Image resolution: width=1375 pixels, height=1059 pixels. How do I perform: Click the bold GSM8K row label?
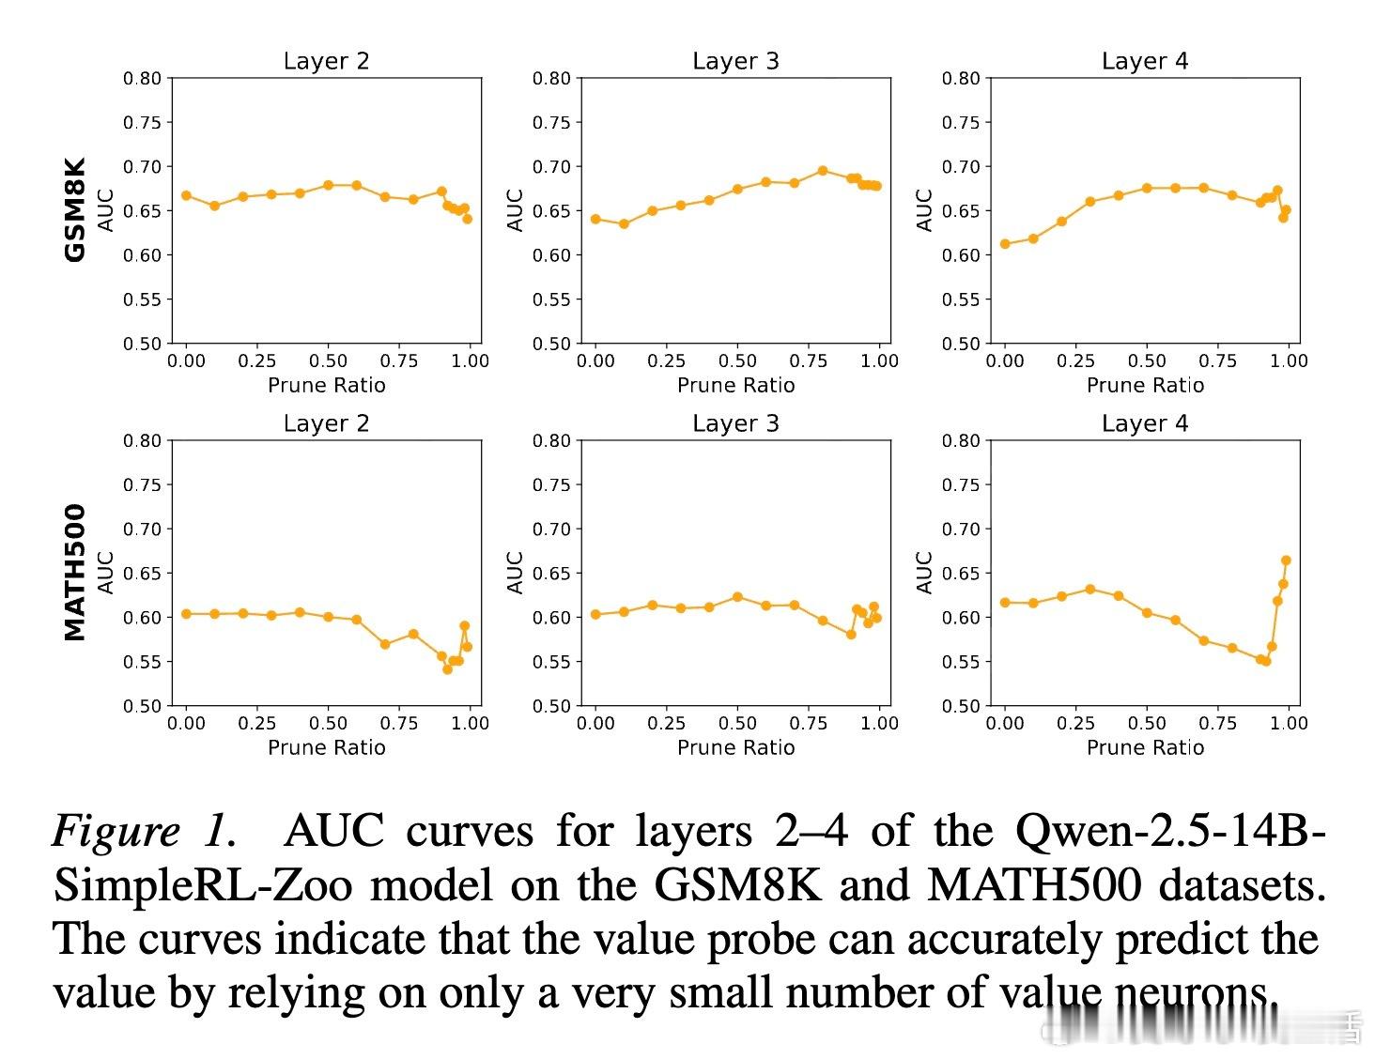tap(75, 209)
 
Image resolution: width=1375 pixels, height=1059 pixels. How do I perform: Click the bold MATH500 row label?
tap(75, 572)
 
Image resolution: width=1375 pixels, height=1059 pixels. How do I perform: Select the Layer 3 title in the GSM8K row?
tap(735, 61)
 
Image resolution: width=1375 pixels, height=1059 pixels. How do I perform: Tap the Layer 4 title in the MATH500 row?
tap(1145, 423)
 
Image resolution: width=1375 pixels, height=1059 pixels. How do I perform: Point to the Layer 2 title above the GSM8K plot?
tap(326, 61)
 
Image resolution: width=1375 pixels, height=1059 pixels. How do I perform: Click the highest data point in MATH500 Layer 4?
tap(1286, 560)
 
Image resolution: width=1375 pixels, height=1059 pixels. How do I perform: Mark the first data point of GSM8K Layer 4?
tap(1005, 243)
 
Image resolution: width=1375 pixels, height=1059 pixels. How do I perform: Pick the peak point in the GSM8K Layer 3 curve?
tap(823, 171)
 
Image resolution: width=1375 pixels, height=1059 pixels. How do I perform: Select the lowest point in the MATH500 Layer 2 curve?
tap(447, 669)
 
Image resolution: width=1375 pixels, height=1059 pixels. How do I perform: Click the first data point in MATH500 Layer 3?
tap(595, 614)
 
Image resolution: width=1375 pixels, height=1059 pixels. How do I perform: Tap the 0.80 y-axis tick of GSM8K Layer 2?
tap(143, 78)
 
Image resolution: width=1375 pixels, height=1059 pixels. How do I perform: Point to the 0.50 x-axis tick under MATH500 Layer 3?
tap(737, 723)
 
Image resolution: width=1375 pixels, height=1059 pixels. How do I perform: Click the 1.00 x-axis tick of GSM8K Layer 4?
tap(1289, 361)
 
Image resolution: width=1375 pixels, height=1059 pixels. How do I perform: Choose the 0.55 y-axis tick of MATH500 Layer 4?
tap(961, 662)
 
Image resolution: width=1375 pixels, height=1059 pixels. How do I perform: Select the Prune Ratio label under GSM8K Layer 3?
tap(735, 385)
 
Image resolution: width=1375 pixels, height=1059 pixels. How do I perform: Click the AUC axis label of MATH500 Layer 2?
tap(106, 572)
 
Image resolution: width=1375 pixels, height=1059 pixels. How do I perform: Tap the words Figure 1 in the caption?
tap(141, 831)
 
